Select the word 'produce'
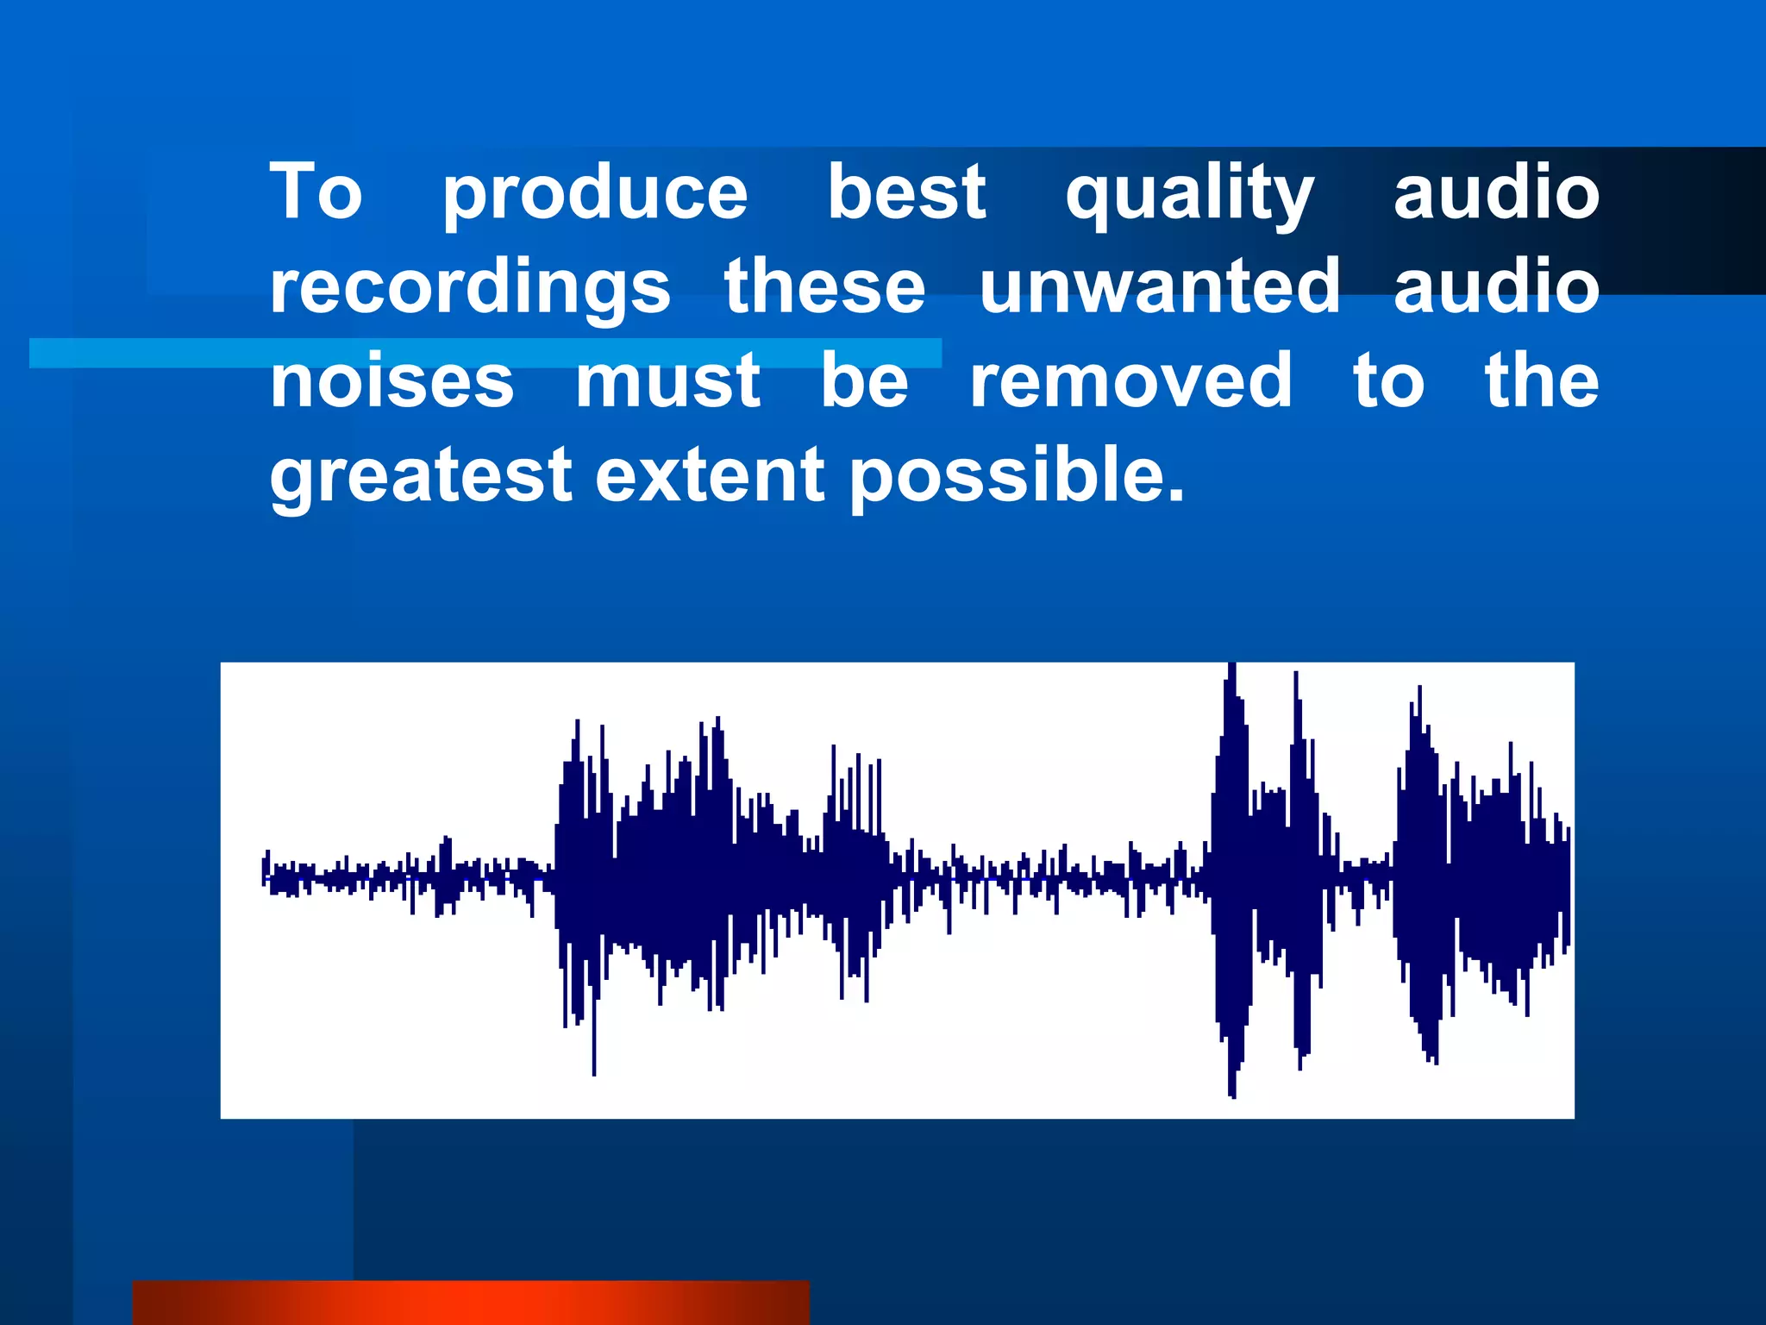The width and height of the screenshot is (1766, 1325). [595, 195]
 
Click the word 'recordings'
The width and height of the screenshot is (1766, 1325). [470, 289]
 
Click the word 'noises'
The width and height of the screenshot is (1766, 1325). [392, 381]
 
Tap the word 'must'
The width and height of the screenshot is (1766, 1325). [668, 381]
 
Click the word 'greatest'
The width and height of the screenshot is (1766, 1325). [421, 476]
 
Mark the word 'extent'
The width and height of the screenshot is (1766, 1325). [710, 476]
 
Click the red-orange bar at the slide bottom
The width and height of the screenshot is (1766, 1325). [471, 1303]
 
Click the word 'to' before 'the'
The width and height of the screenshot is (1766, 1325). [1388, 381]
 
